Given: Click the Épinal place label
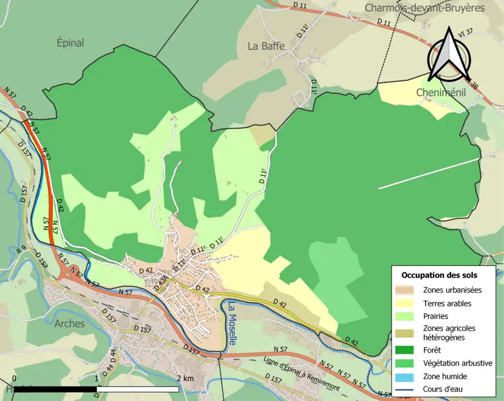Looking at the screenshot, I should [x=70, y=43].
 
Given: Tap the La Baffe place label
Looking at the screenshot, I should [x=266, y=46].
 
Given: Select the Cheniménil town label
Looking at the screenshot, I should [x=438, y=92].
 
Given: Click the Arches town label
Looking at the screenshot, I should [x=69, y=323].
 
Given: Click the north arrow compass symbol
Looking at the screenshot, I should [x=448, y=54].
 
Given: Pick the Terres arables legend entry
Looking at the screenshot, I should [x=447, y=303].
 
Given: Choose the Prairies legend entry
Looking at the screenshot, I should [x=435, y=317].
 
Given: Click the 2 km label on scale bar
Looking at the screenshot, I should [x=185, y=378].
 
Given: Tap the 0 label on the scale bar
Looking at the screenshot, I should [x=14, y=378].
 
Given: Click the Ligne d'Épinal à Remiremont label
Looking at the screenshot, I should [x=302, y=374].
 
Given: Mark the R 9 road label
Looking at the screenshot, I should [x=21, y=251].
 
